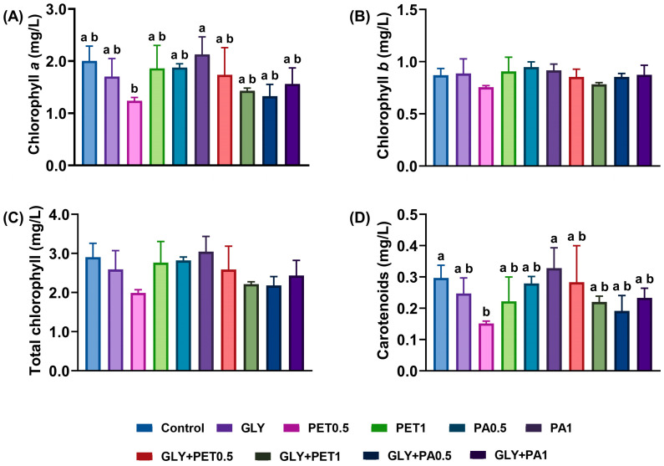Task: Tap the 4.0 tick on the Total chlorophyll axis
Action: coord(57,215)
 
